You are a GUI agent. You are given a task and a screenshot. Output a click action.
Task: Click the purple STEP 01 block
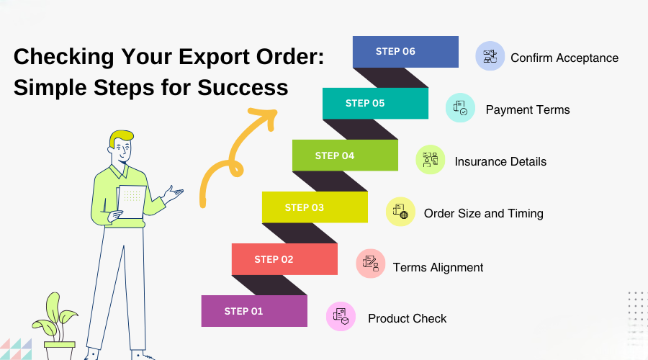[254, 311]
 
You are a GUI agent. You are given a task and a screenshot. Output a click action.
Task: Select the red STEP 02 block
[284, 259]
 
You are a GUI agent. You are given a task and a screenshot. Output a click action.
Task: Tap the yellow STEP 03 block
[315, 207]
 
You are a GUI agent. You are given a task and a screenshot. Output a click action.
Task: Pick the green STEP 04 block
[345, 156]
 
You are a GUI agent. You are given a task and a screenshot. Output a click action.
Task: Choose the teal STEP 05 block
[375, 103]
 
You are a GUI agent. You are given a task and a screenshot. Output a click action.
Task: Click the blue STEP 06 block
[405, 52]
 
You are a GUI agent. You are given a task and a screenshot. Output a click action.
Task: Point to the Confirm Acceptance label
[564, 58]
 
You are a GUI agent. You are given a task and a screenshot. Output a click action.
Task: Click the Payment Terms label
[528, 109]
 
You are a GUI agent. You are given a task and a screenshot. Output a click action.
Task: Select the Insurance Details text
[500, 161]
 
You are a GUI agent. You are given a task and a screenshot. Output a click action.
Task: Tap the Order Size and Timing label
[483, 213]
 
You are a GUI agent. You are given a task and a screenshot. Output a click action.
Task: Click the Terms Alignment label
[438, 267]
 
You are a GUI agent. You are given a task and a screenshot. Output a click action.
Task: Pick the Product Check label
[407, 318]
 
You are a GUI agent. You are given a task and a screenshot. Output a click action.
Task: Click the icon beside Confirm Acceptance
[490, 56]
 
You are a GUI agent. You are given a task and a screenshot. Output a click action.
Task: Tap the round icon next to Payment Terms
[460, 108]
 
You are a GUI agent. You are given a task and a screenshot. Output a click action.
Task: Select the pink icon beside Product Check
[341, 317]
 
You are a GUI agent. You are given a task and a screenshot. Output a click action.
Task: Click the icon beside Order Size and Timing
[400, 212]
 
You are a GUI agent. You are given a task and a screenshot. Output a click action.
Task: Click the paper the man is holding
[131, 200]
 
